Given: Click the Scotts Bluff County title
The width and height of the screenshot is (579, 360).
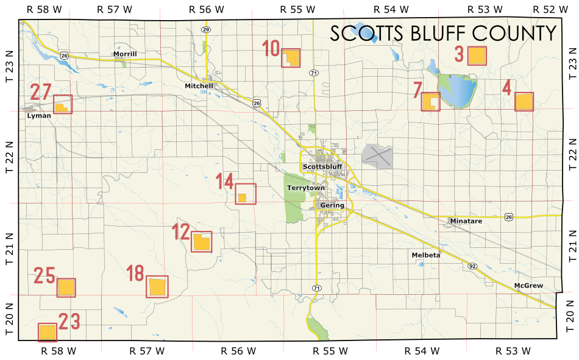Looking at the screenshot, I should click(x=443, y=34).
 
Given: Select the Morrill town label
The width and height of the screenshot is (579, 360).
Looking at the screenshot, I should click(x=125, y=54).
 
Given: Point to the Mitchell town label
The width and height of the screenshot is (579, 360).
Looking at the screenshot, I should click(x=199, y=86).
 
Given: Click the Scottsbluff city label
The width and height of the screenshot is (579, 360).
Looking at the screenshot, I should click(x=323, y=167).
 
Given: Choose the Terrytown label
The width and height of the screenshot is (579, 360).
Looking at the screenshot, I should click(x=306, y=188).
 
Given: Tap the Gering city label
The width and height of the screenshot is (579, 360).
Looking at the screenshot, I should click(x=333, y=205).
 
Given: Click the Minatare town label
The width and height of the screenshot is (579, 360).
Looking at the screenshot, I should click(x=466, y=221).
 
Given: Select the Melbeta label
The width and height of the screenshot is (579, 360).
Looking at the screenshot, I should click(x=425, y=255).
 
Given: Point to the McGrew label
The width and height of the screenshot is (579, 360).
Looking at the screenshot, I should click(x=528, y=286).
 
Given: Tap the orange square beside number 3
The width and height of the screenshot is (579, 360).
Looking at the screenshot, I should click(x=477, y=56).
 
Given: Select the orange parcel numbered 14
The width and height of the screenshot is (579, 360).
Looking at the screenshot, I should click(x=242, y=197).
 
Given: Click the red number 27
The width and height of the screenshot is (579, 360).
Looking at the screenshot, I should click(x=41, y=93).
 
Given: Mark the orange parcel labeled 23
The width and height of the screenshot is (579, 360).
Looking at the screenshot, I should click(x=48, y=333).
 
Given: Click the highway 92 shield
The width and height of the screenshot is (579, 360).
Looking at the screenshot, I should click(x=472, y=266).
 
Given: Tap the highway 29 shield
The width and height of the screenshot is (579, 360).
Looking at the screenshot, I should click(x=206, y=29).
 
